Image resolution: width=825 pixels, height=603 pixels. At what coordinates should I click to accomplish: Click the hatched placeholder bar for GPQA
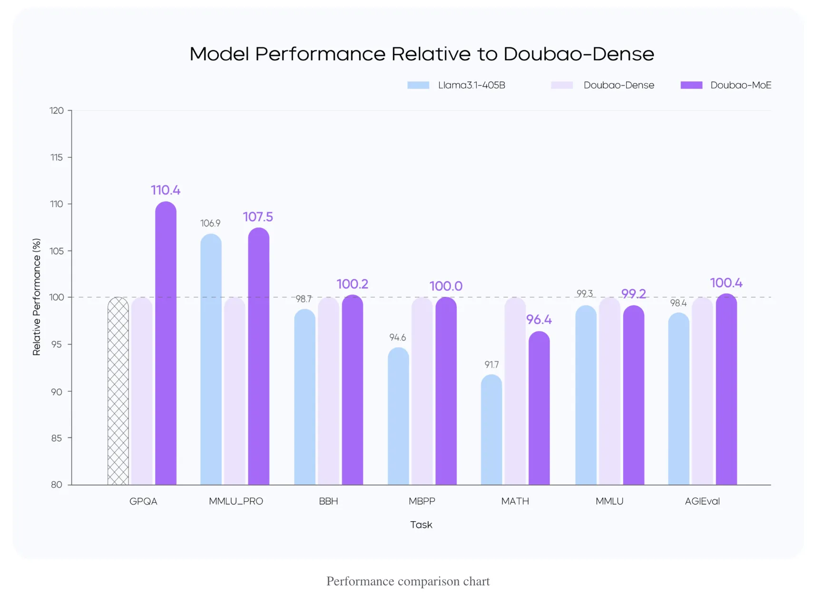(118, 391)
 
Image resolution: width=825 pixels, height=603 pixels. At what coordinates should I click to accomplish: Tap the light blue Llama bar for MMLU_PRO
(211, 360)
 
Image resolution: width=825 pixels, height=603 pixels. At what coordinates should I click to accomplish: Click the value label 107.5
(258, 217)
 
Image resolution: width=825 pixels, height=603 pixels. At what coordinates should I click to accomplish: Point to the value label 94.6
(397, 338)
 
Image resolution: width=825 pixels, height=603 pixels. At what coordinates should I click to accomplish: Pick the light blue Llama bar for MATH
(491, 430)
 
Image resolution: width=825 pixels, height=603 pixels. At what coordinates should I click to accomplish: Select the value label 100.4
(726, 283)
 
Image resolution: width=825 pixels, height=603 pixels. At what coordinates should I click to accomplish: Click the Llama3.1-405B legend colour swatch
(418, 85)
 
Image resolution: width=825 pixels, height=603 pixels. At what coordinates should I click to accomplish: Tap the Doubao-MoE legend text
(740, 85)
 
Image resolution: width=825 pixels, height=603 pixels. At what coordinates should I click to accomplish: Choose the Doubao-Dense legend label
(619, 85)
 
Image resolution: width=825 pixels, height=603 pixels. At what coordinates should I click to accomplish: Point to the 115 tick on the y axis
(57, 157)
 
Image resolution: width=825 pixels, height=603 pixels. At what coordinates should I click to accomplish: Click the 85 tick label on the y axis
(57, 438)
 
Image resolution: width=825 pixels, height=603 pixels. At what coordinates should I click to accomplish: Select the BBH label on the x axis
(328, 501)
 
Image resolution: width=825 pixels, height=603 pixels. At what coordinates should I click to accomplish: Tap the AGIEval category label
(702, 501)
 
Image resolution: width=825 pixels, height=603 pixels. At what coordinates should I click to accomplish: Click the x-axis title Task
(421, 525)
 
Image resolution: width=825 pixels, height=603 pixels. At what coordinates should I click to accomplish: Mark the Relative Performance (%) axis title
(37, 297)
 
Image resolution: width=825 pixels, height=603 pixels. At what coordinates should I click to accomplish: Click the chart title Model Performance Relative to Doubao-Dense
(422, 54)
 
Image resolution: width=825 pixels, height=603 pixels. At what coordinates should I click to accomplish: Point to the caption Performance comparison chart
(408, 581)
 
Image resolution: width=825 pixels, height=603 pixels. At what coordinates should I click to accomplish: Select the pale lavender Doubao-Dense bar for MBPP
(422, 391)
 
